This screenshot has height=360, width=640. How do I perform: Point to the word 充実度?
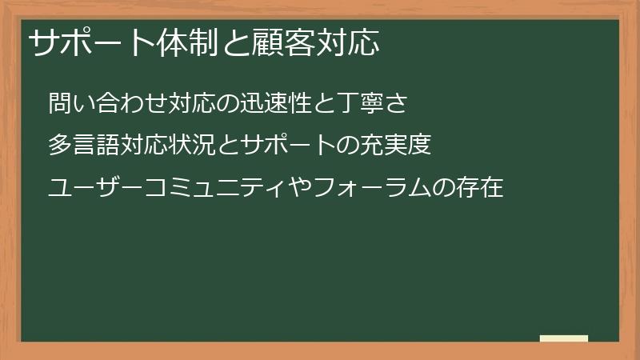(x=398, y=146)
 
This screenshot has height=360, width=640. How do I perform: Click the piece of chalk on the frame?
(x=563, y=338)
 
